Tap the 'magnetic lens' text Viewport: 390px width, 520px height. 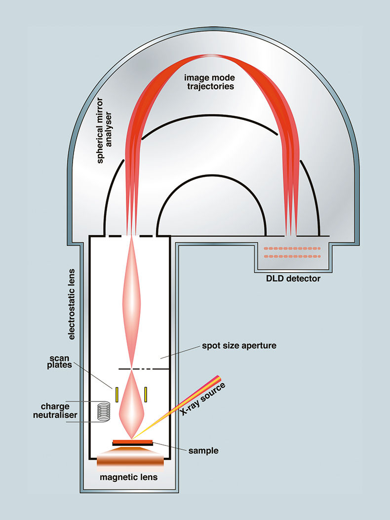[129, 477]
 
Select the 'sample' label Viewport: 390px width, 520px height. [203, 450]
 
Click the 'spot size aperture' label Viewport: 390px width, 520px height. [239, 346]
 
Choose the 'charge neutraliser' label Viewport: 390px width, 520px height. [60, 410]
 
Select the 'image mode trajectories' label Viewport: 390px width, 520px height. [209, 82]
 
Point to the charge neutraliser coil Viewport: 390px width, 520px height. [103, 412]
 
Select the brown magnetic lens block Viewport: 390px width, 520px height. [130, 461]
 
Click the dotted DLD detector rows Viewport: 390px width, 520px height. [292, 252]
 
